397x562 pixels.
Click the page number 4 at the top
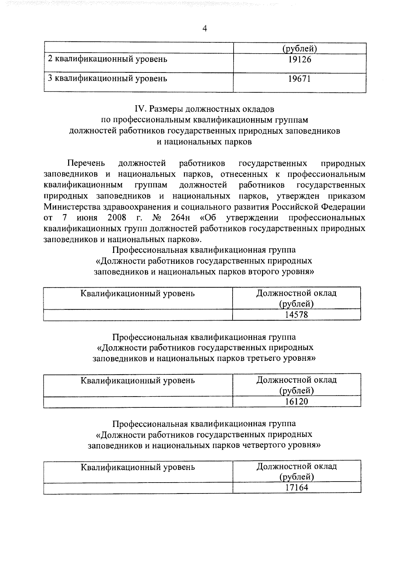204,29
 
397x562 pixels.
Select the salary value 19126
299,60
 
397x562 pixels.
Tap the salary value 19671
299,79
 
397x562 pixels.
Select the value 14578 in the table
296,315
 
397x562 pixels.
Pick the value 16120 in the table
296,401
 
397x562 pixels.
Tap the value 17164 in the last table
296,488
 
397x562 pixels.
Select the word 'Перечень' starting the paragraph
86,163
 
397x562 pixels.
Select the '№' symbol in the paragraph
156,218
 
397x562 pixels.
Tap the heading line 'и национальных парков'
204,142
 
